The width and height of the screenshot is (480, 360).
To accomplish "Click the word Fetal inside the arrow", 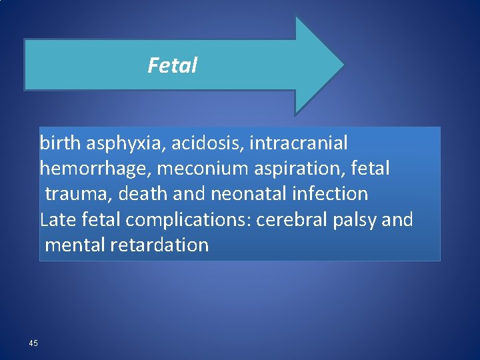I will pyautogui.click(x=173, y=65).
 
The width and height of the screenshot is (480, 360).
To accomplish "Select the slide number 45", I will pyautogui.click(x=33, y=343).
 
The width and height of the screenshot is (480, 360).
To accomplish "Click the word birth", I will pyautogui.click(x=58, y=143).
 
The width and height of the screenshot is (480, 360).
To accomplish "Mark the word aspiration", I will pyautogui.click(x=306, y=169).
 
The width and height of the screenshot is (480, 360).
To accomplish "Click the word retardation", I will pyautogui.click(x=161, y=245).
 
